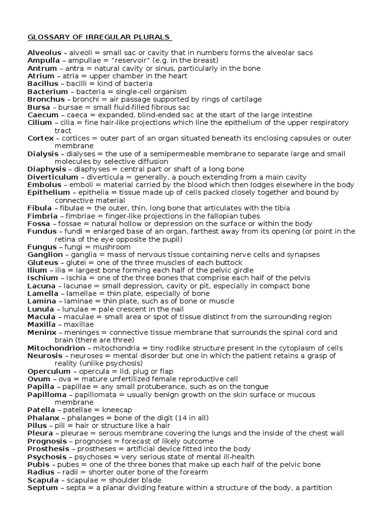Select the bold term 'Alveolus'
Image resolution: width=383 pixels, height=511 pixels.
coord(43,53)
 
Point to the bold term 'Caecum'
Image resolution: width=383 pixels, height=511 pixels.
coord(41,115)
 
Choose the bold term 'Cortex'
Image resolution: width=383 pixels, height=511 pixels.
coord(40,138)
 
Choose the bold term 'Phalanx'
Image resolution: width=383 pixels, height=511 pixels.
coord(43,417)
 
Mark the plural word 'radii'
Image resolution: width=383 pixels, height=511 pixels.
coord(71,472)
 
